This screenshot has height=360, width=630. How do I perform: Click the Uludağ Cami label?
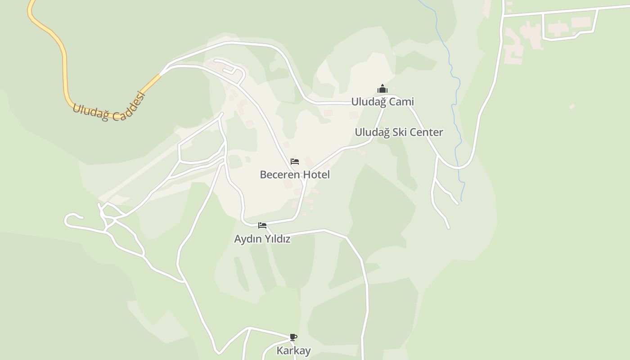pos(382,102)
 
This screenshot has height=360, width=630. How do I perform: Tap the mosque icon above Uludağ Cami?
pos(382,89)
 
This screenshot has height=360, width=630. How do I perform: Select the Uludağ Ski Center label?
pos(399,132)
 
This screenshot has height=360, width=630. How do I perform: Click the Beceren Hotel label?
pos(295,175)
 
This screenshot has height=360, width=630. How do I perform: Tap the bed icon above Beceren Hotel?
pos(295,161)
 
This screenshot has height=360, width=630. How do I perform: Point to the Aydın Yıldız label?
pos(262,239)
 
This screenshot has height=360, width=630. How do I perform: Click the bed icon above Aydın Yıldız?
pos(262,225)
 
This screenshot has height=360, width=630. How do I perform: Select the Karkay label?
pos(293,351)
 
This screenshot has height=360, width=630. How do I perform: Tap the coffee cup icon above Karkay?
pos(293,337)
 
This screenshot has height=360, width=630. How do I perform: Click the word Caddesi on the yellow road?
pos(130,107)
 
